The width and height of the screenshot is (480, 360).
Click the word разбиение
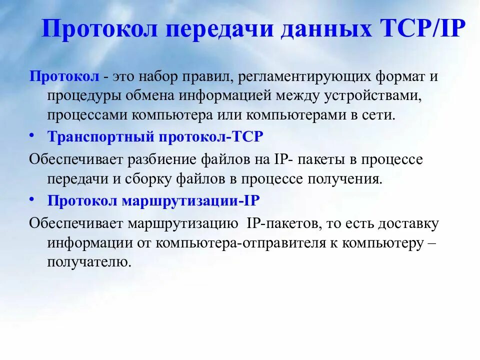point(164,159)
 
